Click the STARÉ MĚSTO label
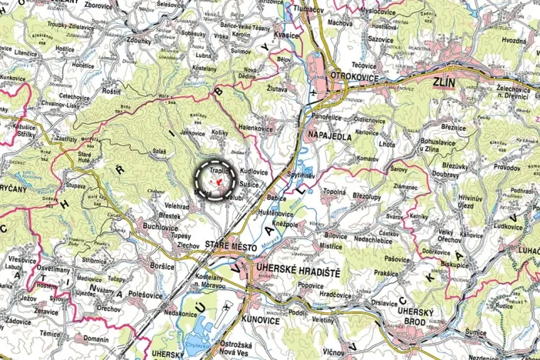coord(228,244)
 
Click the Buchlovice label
coord(160,228)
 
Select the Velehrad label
coord(177,207)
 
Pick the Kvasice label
coord(285,35)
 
